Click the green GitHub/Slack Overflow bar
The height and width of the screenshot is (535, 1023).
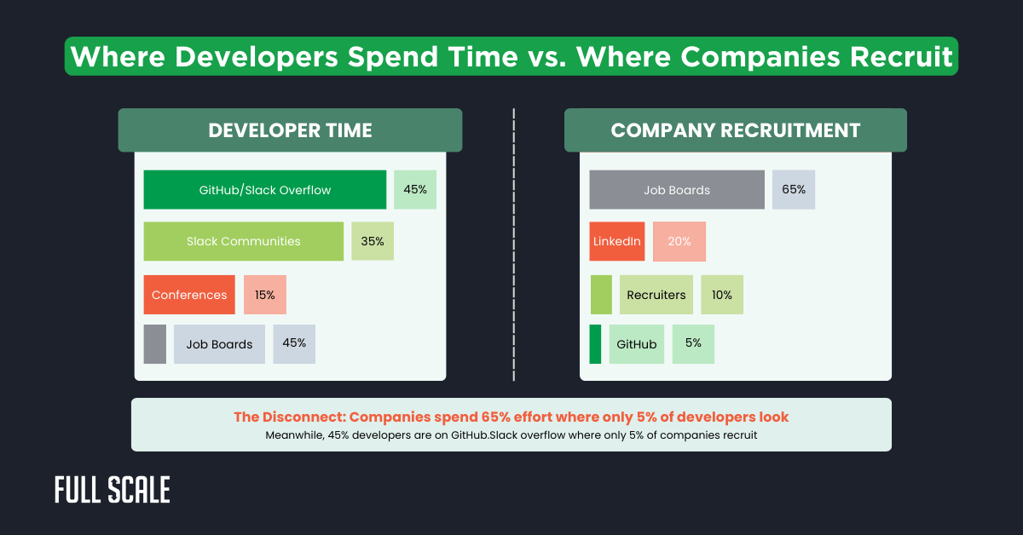coord(264,190)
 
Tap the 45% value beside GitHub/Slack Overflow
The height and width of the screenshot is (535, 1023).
coord(415,190)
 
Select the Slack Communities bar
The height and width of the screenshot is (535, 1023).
coord(243,241)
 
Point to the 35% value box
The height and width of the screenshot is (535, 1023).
coord(373,241)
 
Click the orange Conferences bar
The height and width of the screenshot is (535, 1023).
coord(189,295)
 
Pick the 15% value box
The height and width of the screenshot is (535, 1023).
coord(265,295)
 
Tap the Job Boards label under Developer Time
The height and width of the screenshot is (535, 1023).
coord(219,344)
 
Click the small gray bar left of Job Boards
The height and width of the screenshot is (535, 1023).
coord(155,344)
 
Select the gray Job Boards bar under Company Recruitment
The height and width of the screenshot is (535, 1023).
coord(677,190)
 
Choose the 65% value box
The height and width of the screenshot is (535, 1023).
coord(794,190)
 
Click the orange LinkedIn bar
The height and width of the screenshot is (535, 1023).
coord(616,241)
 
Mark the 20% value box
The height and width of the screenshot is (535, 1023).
coord(679,241)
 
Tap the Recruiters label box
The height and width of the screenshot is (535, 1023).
coord(656,295)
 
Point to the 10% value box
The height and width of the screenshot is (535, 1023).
coord(722,295)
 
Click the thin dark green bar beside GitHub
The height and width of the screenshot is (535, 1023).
coord(595,344)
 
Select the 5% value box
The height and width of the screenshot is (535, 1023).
coord(693,343)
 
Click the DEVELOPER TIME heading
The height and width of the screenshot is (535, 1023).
coord(290,130)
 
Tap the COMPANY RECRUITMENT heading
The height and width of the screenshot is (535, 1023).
coord(735,130)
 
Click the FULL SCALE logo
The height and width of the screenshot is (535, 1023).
coord(113,490)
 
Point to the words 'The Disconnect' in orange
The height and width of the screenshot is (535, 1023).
coord(287,417)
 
